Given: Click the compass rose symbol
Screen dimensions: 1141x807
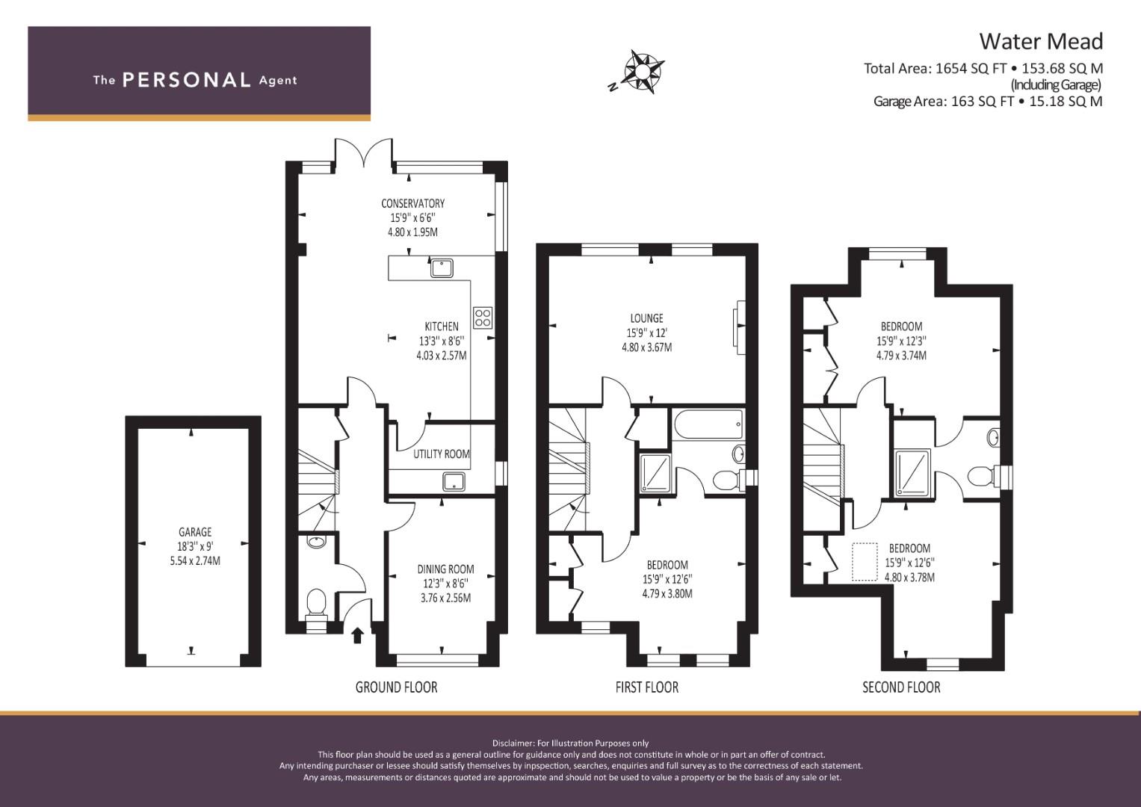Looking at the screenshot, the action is (644, 70).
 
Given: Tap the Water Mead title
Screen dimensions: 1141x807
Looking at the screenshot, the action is (1041, 41).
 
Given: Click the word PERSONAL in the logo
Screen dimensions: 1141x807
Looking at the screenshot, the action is (187, 80).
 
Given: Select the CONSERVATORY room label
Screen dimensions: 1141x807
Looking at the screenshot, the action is (412, 203).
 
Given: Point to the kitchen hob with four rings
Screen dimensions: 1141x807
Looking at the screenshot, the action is (483, 318).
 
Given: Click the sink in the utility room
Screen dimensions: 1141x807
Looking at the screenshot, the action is (454, 481).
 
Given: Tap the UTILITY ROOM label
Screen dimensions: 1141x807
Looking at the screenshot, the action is (441, 454).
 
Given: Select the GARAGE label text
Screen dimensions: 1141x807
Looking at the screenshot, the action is (194, 532).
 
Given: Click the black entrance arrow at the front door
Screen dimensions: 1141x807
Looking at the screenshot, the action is (358, 635).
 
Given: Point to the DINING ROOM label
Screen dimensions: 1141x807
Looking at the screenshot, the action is (445, 569).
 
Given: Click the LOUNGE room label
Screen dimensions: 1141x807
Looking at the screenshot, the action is (646, 318).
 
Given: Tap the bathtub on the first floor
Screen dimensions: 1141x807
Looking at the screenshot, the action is (708, 424).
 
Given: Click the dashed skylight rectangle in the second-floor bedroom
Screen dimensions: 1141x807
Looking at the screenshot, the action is (865, 562).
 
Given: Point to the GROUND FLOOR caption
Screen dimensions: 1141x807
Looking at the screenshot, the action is (396, 687).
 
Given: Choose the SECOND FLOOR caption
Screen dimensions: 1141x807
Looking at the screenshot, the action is (901, 687).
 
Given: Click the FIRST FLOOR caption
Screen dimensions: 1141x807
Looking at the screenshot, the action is (646, 687).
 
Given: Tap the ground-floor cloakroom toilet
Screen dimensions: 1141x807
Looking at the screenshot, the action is (316, 605).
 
